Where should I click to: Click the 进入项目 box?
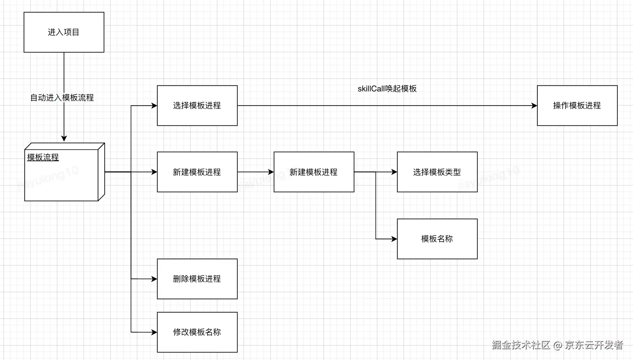(x=64, y=32)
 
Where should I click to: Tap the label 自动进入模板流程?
(x=62, y=98)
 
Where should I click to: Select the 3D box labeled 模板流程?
(x=63, y=173)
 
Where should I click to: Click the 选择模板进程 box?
(x=197, y=105)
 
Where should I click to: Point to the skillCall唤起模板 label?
(x=387, y=89)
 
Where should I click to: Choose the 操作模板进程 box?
(x=577, y=105)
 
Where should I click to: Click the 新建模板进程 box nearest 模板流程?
(x=197, y=172)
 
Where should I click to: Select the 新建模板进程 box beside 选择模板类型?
(x=314, y=172)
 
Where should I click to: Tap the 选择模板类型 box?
(x=437, y=172)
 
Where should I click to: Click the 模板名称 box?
(x=437, y=239)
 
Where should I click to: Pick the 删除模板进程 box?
(x=197, y=279)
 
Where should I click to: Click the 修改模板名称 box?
(x=197, y=332)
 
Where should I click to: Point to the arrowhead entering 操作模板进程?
(x=534, y=105)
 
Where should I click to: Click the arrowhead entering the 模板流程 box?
(x=64, y=138)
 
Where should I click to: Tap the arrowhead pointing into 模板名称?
(x=394, y=239)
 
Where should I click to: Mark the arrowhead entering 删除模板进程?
(x=154, y=279)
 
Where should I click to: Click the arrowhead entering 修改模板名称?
(x=154, y=332)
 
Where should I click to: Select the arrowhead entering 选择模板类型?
(x=394, y=172)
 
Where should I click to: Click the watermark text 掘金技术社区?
(x=521, y=345)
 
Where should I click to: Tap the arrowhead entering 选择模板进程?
(x=154, y=105)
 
